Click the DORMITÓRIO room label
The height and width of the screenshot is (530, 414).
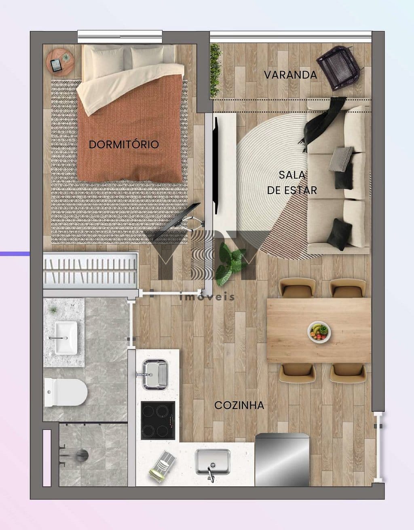(124, 144)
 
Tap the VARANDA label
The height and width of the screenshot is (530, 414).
(290, 75)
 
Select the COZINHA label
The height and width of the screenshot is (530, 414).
(239, 405)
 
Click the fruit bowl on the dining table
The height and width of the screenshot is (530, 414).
(319, 332)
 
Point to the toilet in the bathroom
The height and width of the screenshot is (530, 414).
(66, 393)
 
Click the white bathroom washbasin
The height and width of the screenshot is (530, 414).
(66, 338)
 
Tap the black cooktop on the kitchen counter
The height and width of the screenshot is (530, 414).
(158, 420)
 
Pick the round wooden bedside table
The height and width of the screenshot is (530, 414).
(60, 61)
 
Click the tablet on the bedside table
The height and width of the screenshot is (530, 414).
(56, 65)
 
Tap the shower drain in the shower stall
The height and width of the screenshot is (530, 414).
(82, 455)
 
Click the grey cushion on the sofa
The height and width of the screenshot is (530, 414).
(342, 158)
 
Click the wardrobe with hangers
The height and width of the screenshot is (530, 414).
(91, 271)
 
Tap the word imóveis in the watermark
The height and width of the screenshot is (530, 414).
(207, 297)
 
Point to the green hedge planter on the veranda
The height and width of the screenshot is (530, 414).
(215, 71)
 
